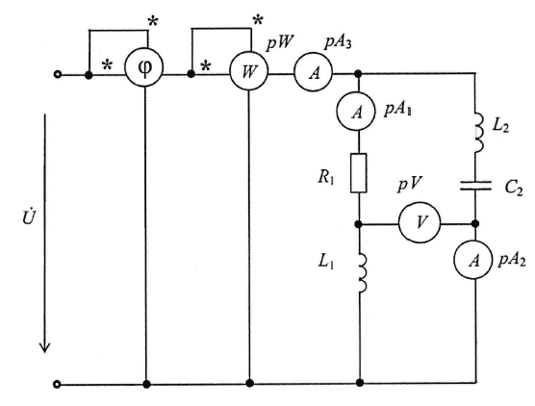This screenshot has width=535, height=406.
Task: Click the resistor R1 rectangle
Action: [359, 173]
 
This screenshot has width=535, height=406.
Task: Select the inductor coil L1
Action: [363, 272]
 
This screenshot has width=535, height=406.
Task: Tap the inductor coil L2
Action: [478, 133]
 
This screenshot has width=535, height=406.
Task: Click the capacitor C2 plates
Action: [475, 186]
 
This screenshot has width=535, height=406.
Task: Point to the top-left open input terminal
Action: [58, 74]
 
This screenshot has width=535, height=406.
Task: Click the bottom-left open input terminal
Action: [58, 384]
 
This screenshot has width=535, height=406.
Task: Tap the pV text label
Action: [409, 185]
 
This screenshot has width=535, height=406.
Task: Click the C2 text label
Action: [514, 188]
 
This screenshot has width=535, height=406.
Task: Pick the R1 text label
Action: [325, 177]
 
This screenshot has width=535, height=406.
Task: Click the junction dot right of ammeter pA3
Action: [358, 73]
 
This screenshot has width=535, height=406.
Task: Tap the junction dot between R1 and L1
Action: [358, 224]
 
